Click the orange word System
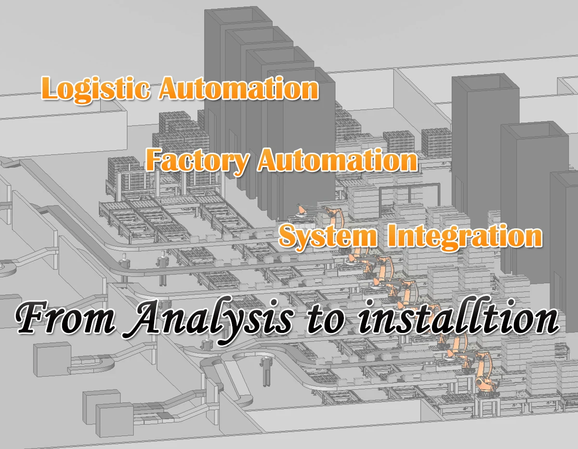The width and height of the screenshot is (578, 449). [x=328, y=236]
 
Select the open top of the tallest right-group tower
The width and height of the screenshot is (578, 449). [x=485, y=83]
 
